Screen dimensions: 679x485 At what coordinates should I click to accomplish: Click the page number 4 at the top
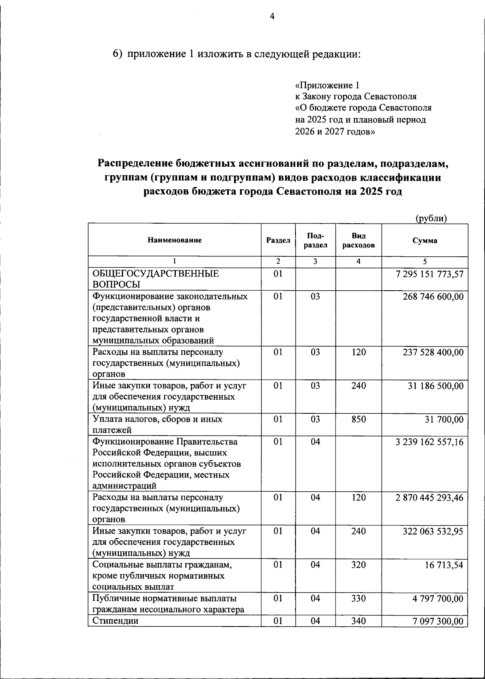pyautogui.click(x=272, y=17)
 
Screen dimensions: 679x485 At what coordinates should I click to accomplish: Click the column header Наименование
pyautogui.click(x=174, y=240)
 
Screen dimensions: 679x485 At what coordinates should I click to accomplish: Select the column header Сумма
pyautogui.click(x=424, y=240)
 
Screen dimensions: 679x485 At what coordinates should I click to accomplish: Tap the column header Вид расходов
pyautogui.click(x=358, y=240)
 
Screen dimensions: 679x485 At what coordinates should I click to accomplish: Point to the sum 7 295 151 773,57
pyautogui.click(x=430, y=275)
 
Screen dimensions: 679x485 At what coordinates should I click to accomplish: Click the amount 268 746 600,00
pyautogui.click(x=433, y=297)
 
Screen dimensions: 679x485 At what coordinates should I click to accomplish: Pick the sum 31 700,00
pyautogui.click(x=444, y=419)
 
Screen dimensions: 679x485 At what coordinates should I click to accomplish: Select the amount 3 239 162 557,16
pyautogui.click(x=429, y=442)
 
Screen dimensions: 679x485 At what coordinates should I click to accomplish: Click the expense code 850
pyautogui.click(x=358, y=419)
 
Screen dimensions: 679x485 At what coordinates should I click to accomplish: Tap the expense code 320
pyautogui.click(x=358, y=565)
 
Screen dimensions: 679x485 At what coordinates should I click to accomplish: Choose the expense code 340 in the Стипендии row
pyautogui.click(x=358, y=621)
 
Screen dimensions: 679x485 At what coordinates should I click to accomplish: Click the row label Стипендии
pyautogui.click(x=116, y=621)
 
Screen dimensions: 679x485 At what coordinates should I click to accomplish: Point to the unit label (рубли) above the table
pyautogui.click(x=431, y=218)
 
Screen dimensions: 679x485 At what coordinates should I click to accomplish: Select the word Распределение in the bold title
pyautogui.click(x=135, y=163)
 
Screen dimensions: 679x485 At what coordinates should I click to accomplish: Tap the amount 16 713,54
pyautogui.click(x=444, y=565)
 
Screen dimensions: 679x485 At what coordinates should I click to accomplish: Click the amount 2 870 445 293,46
pyautogui.click(x=429, y=498)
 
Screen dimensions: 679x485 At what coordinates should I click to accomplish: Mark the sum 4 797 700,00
pyautogui.click(x=438, y=598)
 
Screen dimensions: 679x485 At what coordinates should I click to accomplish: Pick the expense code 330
pyautogui.click(x=358, y=598)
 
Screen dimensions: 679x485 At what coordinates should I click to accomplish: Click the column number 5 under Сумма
pyautogui.click(x=424, y=262)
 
